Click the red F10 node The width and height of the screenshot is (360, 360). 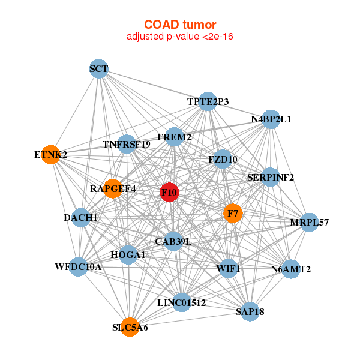[x=170, y=193]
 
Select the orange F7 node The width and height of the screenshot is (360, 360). [x=232, y=213]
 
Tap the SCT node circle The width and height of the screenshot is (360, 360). [x=98, y=69]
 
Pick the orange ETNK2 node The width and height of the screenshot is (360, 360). [x=51, y=155]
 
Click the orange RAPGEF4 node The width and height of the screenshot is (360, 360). [x=113, y=188]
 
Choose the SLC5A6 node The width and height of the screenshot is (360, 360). [x=130, y=328]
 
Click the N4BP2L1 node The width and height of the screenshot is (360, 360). [x=271, y=119]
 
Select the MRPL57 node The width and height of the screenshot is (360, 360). [x=310, y=223]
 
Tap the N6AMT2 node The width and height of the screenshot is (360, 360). [x=291, y=269]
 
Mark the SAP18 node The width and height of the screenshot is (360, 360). [x=250, y=311]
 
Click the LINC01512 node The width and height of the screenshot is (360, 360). [x=182, y=303]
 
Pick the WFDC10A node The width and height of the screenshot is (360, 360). [x=78, y=266]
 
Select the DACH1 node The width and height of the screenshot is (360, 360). [x=81, y=217]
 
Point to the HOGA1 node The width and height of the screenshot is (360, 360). [x=128, y=255]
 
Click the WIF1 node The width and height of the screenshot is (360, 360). [x=228, y=268]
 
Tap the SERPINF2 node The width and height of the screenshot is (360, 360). [x=271, y=177]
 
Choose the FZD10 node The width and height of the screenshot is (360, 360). [x=223, y=159]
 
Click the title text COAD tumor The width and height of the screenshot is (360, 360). [x=179, y=25]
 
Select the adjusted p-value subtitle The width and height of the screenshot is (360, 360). [x=179, y=37]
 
